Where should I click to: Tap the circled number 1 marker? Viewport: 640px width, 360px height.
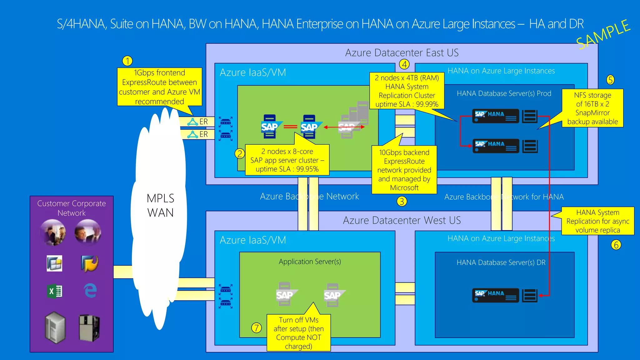click(127, 61)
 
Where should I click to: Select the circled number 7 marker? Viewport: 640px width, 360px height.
click(256, 328)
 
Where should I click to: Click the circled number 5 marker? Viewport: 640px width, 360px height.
click(610, 80)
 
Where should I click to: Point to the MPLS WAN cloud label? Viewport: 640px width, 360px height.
click(160, 205)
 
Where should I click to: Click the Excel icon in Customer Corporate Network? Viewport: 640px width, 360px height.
click(55, 291)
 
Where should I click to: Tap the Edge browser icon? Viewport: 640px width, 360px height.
click(90, 290)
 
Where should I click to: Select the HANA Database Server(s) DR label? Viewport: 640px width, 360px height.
click(501, 262)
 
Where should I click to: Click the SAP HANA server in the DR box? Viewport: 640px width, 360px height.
click(495, 295)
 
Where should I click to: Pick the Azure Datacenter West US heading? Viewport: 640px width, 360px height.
click(402, 220)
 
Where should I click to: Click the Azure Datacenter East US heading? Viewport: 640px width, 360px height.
click(402, 53)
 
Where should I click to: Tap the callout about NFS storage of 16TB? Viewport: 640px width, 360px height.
click(592, 108)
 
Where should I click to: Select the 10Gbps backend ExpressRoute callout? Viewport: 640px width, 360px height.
click(404, 170)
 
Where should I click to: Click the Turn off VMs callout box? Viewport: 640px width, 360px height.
click(298, 333)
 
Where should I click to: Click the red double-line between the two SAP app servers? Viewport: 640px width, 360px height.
click(290, 127)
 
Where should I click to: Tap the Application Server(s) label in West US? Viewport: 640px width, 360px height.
click(310, 262)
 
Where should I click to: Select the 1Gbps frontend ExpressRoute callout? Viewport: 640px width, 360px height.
click(159, 87)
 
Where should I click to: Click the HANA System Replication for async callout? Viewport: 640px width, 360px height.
click(597, 221)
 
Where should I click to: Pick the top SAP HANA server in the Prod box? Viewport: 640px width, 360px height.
click(495, 116)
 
